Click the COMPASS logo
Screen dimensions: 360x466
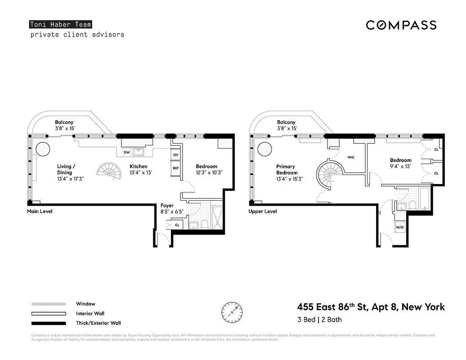[401, 25]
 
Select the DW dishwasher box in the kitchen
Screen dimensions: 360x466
[127, 153]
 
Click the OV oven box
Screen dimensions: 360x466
[175, 155]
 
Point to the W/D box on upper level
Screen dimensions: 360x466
[399, 228]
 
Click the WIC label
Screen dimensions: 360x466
[352, 157]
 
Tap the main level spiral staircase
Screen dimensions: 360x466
[108, 170]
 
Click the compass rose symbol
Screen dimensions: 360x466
[232, 311]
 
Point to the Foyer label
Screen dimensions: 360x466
[167, 206]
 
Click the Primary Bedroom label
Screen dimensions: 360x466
[287, 170]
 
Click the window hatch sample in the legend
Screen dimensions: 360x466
[48, 304]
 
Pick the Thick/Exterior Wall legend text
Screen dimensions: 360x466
[98, 323]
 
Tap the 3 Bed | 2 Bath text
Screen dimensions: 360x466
[319, 320]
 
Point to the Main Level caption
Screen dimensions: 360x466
[40, 211]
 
